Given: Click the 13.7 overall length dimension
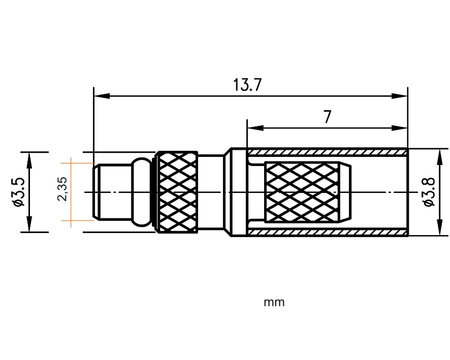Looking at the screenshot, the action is tap(247, 85).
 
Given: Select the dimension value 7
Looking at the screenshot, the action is tap(328, 117).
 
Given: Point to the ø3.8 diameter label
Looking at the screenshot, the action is tap(429, 191).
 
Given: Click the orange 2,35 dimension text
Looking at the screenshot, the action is tap(62, 189).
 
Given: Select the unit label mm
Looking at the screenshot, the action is tap(274, 302).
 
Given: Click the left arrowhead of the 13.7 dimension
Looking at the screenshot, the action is tap(102, 96).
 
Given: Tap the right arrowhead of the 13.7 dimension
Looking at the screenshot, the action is tap(400, 96).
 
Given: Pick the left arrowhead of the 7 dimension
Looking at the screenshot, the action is tap(255, 127).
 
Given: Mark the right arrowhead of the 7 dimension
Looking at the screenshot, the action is tap(400, 127).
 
